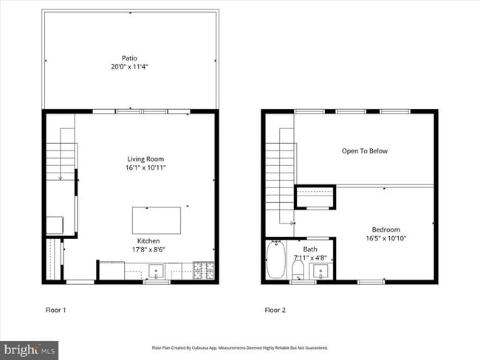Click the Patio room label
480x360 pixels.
pos(130,58)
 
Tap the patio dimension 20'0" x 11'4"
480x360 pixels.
pos(130,67)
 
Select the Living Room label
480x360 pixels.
pos(145,159)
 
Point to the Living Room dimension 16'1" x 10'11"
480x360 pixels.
pos(145,167)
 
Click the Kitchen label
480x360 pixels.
pos(148,241)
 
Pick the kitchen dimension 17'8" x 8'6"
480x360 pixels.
pos(148,250)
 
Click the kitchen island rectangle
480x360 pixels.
pos(157,219)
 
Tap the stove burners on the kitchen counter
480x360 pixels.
pos(203,271)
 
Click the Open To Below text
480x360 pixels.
pos(364,151)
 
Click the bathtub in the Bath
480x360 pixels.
pos(275,260)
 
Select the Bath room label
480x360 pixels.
pos(310,249)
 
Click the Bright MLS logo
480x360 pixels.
pos(30,348)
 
